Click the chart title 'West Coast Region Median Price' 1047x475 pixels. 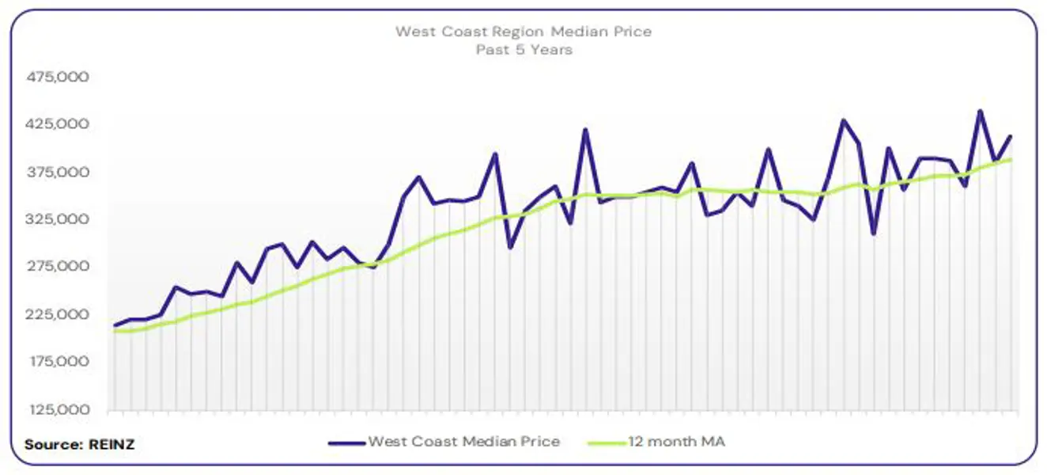(523, 32)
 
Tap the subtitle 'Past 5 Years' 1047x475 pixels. (523, 49)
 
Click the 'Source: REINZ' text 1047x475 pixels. (79, 444)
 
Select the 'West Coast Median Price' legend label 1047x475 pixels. (463, 442)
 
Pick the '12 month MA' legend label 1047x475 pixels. (677, 442)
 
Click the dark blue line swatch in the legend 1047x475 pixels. (346, 443)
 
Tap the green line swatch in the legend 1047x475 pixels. (607, 443)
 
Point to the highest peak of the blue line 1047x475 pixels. (980, 111)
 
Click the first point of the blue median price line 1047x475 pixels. (115, 325)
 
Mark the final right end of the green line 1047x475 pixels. (1011, 160)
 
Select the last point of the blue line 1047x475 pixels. (1011, 136)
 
